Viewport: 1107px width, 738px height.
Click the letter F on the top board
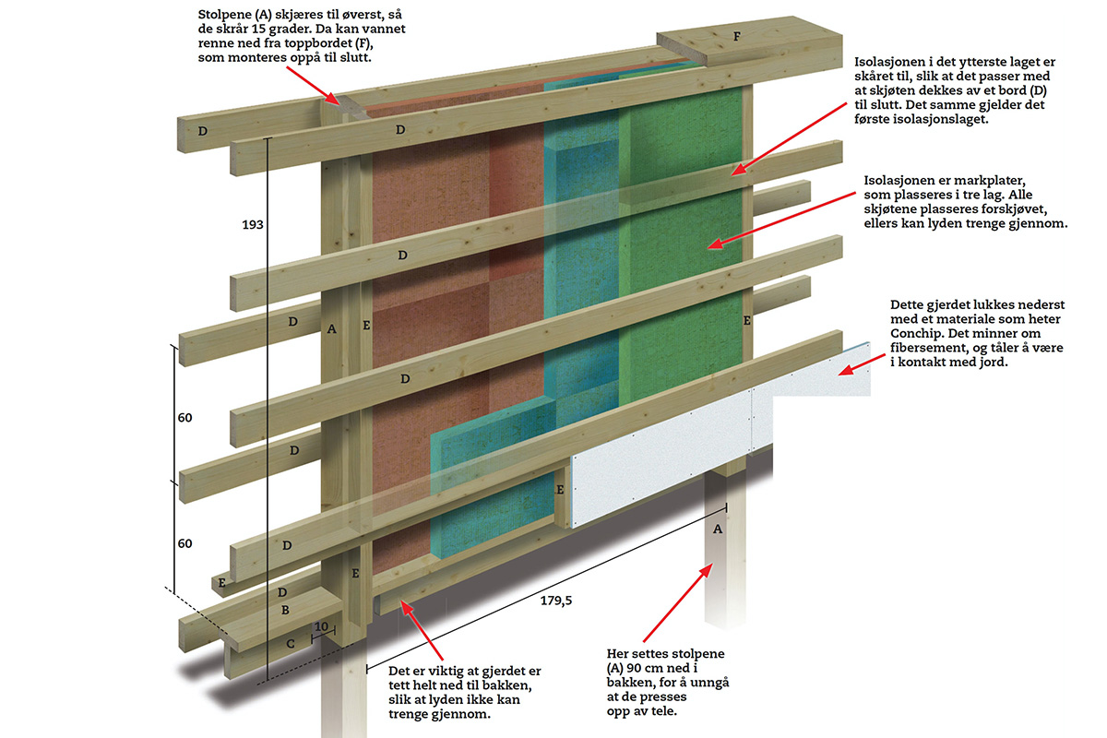pyautogui.click(x=737, y=36)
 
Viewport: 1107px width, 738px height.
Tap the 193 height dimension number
pyautogui.click(x=253, y=225)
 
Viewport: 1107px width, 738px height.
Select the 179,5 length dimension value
pyautogui.click(x=556, y=601)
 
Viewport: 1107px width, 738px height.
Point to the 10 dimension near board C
pyautogui.click(x=321, y=626)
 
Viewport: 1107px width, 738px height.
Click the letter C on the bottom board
pyautogui.click(x=291, y=644)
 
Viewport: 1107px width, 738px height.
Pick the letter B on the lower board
pyautogui.click(x=285, y=610)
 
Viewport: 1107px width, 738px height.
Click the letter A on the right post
pyautogui.click(x=718, y=530)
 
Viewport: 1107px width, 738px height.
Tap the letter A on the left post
pyautogui.click(x=331, y=328)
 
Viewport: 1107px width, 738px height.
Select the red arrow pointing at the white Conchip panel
pyautogui.click(x=862, y=364)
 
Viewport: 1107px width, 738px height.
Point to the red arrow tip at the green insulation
pyautogui.click(x=708, y=246)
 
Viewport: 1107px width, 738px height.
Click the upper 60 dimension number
pyautogui.click(x=184, y=418)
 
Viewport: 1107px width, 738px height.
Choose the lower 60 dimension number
pyautogui.click(x=184, y=543)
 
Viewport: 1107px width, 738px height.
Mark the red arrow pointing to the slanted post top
pyautogui.click(x=314, y=86)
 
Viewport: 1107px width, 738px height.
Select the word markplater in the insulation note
pyautogui.click(x=992, y=181)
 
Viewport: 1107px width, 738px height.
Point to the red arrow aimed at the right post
pyautogui.click(x=677, y=603)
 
